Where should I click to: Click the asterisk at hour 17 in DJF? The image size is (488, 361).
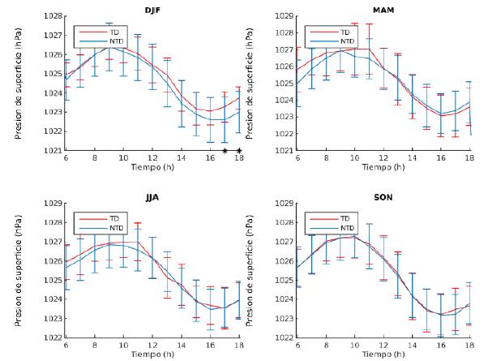pyautogui.click(x=225, y=151)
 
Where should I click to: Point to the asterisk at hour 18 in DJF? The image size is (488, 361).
pyautogui.click(x=239, y=151)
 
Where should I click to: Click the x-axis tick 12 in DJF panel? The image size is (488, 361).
pyautogui.click(x=152, y=158)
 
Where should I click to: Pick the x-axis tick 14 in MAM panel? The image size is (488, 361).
pyautogui.click(x=413, y=158)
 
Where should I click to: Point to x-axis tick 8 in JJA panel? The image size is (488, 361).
pyautogui.click(x=94, y=346)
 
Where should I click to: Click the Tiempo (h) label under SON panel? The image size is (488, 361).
pyautogui.click(x=384, y=355)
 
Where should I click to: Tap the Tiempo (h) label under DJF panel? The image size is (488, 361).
pyautogui.click(x=152, y=167)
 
